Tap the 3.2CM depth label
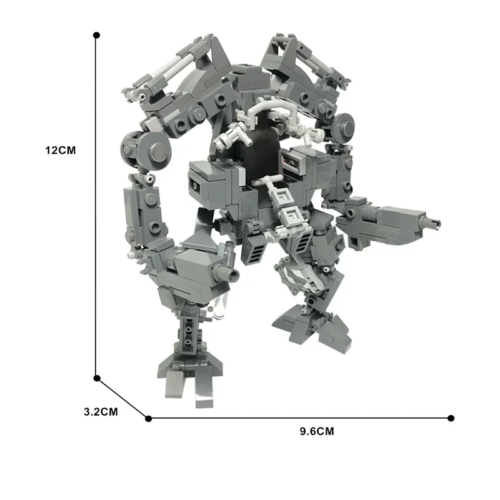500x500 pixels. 101,412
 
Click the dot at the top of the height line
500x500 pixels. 96,36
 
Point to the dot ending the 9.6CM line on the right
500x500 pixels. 451,418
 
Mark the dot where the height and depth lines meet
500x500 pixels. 97,378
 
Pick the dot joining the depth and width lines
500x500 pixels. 148,418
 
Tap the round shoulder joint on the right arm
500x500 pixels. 345,125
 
